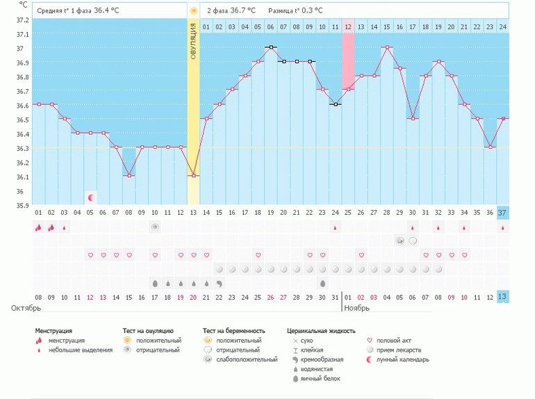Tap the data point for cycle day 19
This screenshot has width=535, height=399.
tap(271, 47)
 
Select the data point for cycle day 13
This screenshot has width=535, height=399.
tap(193, 175)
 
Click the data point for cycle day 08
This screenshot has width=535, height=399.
tap(129, 175)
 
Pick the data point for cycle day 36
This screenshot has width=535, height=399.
tap(490, 147)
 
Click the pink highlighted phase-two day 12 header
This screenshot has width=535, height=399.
tap(348, 26)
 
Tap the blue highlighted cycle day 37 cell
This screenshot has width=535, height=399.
tap(502, 212)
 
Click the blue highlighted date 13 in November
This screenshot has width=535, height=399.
tap(502, 297)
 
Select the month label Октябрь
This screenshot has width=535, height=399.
tap(26, 307)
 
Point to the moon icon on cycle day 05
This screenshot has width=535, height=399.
tap(90, 197)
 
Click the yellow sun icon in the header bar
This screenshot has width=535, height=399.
tap(193, 11)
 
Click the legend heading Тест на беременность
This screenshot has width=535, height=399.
tap(233, 331)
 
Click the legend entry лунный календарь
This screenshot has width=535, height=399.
tap(403, 359)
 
